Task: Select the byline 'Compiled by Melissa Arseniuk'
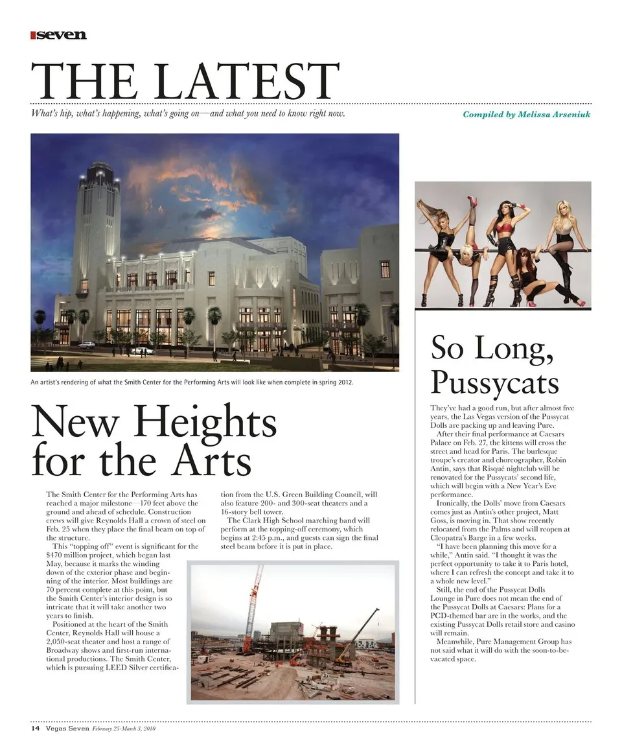click(x=526, y=114)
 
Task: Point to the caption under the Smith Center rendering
click(x=192, y=382)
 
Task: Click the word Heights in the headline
click(x=207, y=423)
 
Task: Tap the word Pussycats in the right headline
click(x=494, y=382)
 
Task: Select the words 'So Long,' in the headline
click(x=492, y=349)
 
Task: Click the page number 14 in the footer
click(x=36, y=729)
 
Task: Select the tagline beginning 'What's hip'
click(x=188, y=114)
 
